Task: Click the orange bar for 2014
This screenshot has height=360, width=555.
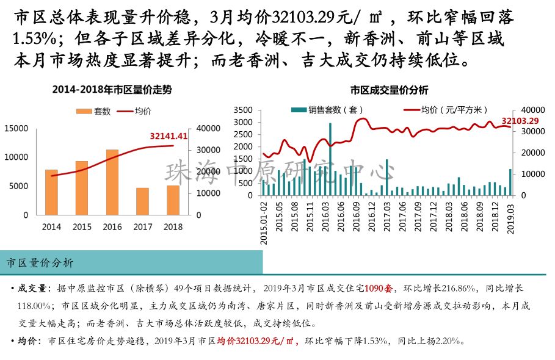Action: (52, 192)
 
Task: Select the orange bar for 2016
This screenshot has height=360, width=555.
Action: (112, 182)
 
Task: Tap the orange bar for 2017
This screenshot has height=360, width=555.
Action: (142, 201)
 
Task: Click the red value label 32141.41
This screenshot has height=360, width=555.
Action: (169, 136)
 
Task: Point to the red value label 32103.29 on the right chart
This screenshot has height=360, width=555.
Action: (520, 121)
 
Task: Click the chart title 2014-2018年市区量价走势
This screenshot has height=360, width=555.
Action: (112, 90)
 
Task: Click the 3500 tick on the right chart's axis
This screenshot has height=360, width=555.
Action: (242, 110)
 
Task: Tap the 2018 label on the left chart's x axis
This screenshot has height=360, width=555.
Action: (173, 227)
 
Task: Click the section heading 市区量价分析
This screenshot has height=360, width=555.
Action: (40, 263)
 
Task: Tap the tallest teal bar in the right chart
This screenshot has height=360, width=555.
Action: (330, 159)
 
